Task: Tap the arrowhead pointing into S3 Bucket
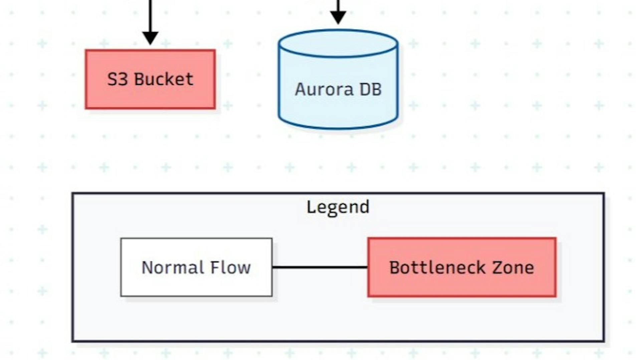(x=150, y=38)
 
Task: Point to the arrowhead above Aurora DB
(x=338, y=17)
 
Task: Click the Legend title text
(x=338, y=207)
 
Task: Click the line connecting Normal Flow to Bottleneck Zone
(x=320, y=267)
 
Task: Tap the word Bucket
(x=164, y=79)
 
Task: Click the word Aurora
(x=324, y=89)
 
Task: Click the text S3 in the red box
(x=118, y=79)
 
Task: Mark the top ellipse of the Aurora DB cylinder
(x=338, y=44)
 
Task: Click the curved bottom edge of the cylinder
(x=338, y=128)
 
